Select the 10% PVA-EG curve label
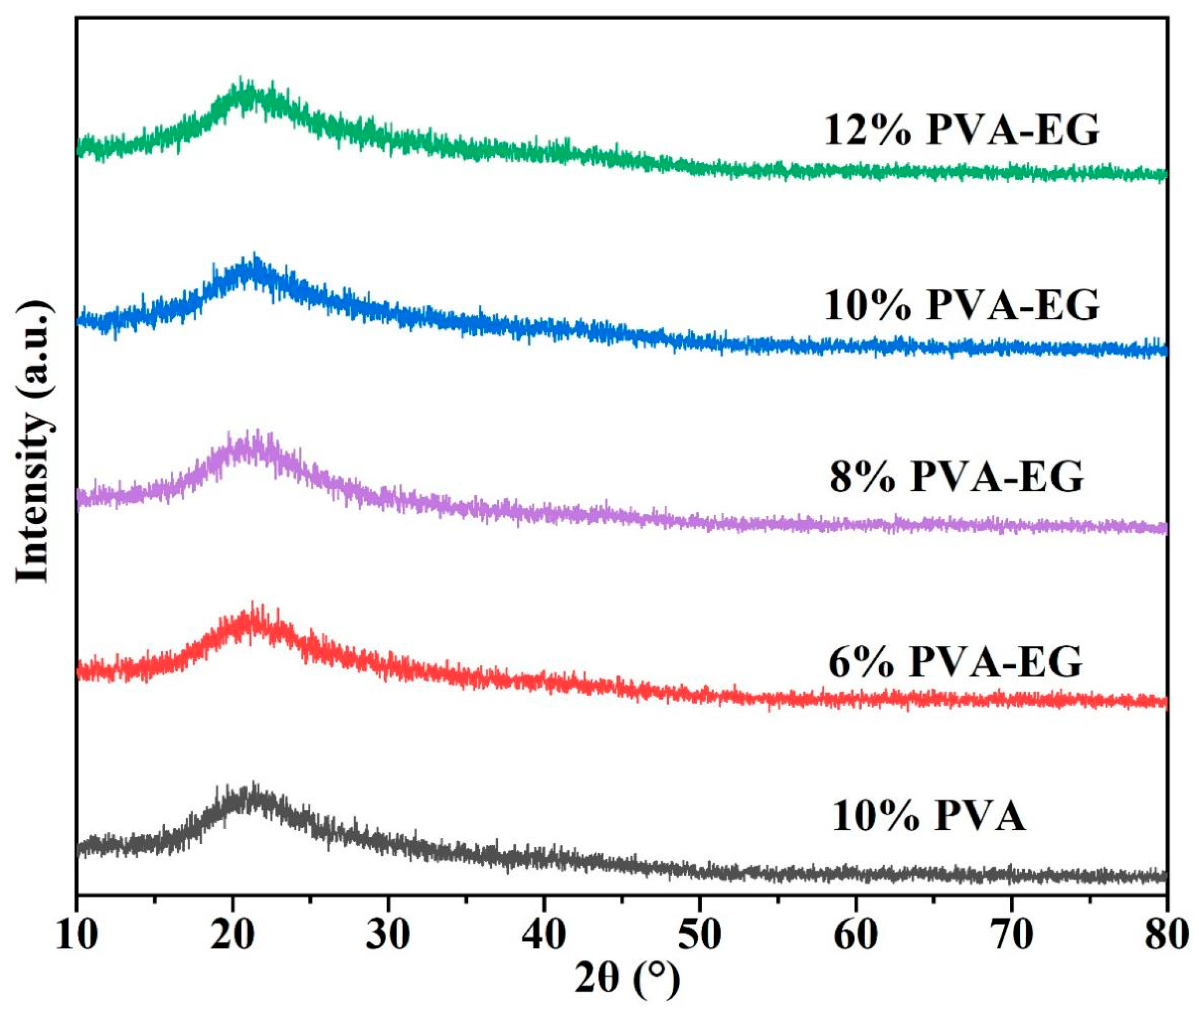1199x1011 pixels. (962, 305)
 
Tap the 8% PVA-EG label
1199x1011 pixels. (956, 477)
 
